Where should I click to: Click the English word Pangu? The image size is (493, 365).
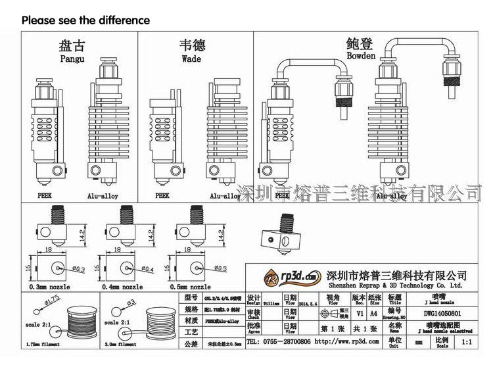click(72, 59)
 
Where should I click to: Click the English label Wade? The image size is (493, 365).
click(193, 59)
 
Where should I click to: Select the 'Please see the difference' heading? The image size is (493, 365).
click(86, 20)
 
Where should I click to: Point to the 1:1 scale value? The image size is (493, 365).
click(467, 343)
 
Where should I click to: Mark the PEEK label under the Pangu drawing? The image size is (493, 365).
click(43, 195)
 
